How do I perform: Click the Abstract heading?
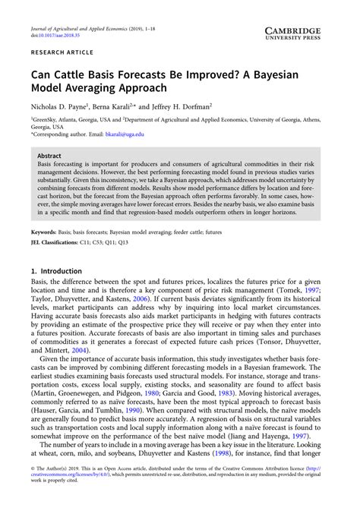point(49,155)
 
